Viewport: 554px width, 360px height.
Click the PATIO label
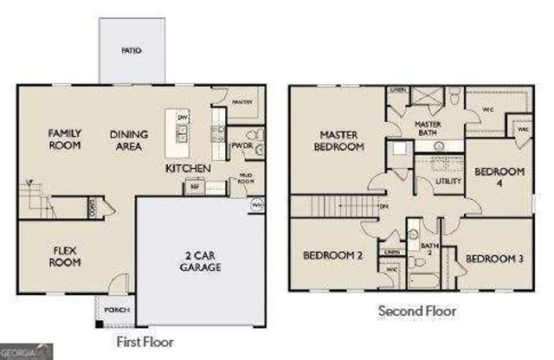[131, 51]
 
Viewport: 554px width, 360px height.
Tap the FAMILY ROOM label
[64, 139]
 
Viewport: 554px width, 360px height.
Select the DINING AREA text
[129, 139]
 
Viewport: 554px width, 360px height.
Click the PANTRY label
[242, 102]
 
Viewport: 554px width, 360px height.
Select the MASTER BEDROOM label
[340, 141]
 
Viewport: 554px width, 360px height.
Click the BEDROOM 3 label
[494, 259]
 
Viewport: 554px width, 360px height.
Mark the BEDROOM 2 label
[332, 255]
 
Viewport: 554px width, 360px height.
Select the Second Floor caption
[416, 310]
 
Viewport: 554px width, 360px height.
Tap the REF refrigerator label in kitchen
[194, 186]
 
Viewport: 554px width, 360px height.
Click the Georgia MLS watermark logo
[27, 350]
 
